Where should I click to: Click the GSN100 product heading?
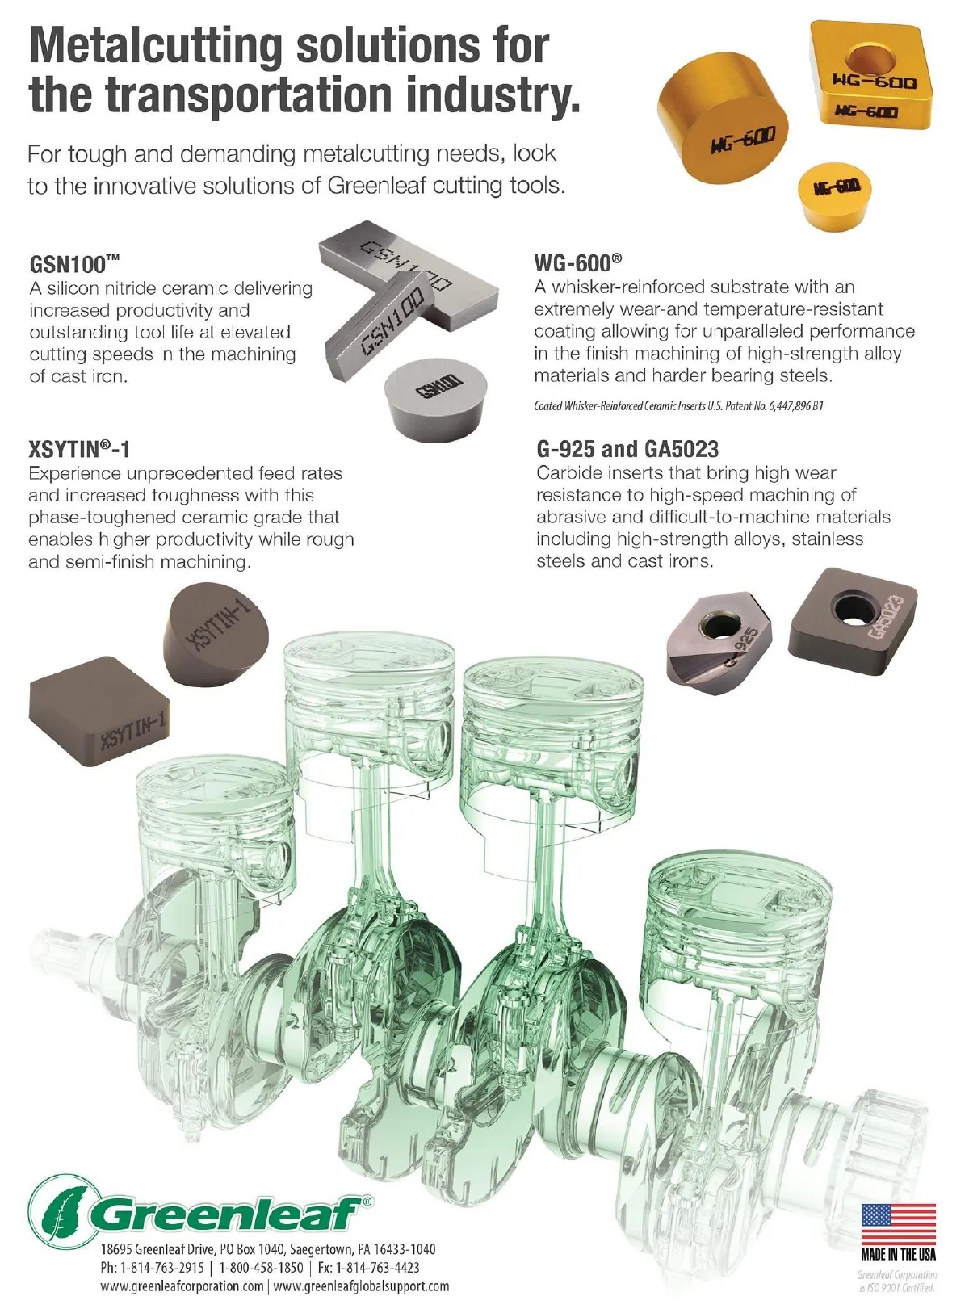tap(74, 263)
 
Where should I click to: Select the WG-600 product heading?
tap(577, 262)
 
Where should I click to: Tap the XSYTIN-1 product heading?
tap(78, 449)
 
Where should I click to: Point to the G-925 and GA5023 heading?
tap(627, 449)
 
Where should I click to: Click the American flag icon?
tap(898, 1225)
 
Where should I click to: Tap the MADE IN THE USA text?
tap(898, 1255)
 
